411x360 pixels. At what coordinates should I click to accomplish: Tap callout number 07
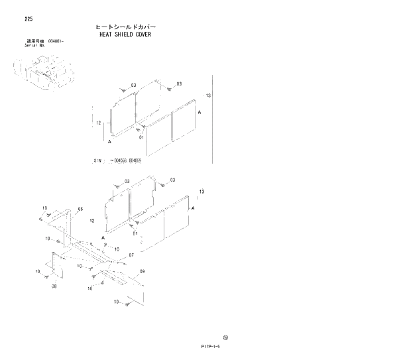click(x=132, y=255)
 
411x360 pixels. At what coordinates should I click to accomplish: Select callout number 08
click(x=54, y=286)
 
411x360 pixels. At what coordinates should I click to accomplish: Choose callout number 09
click(x=142, y=271)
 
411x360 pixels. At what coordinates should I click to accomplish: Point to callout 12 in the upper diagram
click(x=97, y=123)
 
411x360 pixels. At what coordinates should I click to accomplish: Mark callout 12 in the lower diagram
click(x=92, y=220)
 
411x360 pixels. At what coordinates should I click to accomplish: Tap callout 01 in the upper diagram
click(x=141, y=137)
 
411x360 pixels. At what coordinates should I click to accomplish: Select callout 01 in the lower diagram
click(x=135, y=233)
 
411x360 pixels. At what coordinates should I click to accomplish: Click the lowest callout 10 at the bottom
click(x=117, y=302)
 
